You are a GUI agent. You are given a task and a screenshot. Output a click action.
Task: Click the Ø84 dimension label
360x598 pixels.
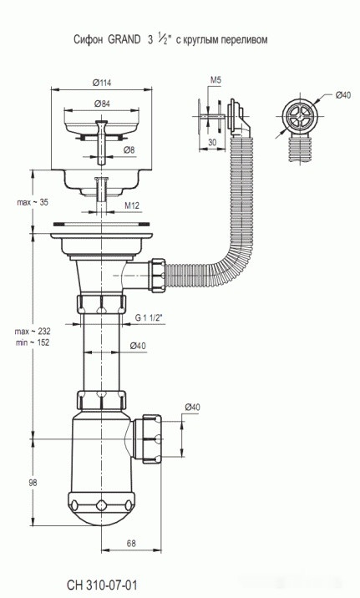click(x=102, y=103)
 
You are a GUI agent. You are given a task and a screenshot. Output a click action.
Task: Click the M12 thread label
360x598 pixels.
click(x=131, y=205)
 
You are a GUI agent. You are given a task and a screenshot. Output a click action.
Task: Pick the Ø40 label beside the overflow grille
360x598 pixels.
click(x=342, y=94)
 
